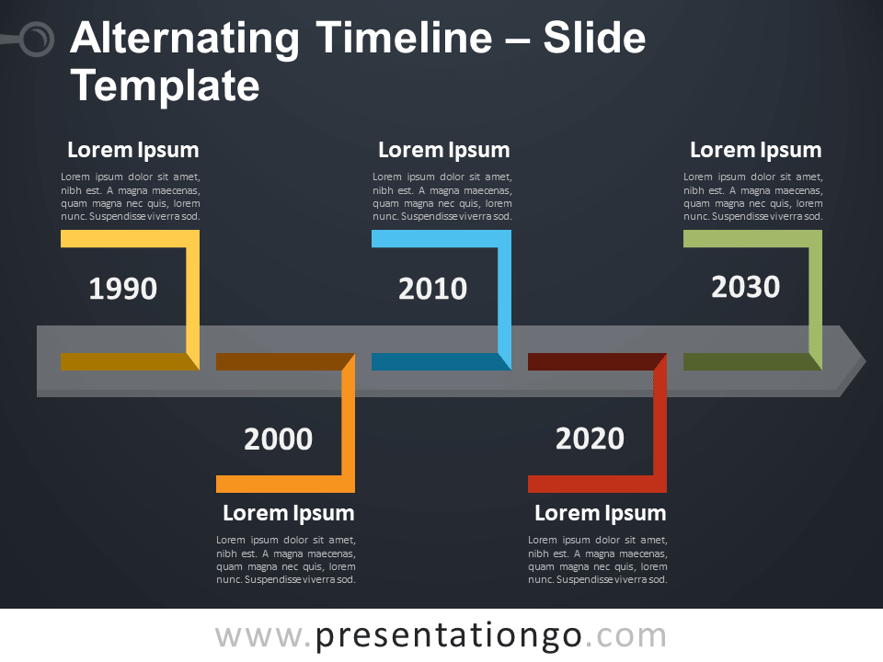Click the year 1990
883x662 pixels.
click(x=122, y=288)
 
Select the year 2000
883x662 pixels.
click(x=278, y=439)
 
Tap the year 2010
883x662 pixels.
click(x=432, y=288)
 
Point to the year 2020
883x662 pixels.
click(x=590, y=439)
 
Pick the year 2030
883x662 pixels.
click(x=746, y=287)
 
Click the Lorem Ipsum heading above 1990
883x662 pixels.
click(x=132, y=150)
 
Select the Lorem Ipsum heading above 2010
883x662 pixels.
click(x=443, y=150)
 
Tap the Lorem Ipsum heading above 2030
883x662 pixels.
click(x=756, y=150)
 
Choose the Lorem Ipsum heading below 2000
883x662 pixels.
click(x=288, y=513)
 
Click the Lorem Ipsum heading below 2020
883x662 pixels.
click(x=601, y=513)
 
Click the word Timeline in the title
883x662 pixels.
click(x=404, y=38)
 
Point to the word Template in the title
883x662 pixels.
click(x=165, y=86)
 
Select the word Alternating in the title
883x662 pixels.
click(x=185, y=40)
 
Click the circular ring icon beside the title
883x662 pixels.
click(x=37, y=39)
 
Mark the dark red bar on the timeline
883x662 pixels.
click(x=591, y=361)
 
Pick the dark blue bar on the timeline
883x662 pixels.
click(x=435, y=361)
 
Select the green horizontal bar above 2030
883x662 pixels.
click(x=746, y=238)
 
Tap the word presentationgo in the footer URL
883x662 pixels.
click(x=449, y=636)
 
